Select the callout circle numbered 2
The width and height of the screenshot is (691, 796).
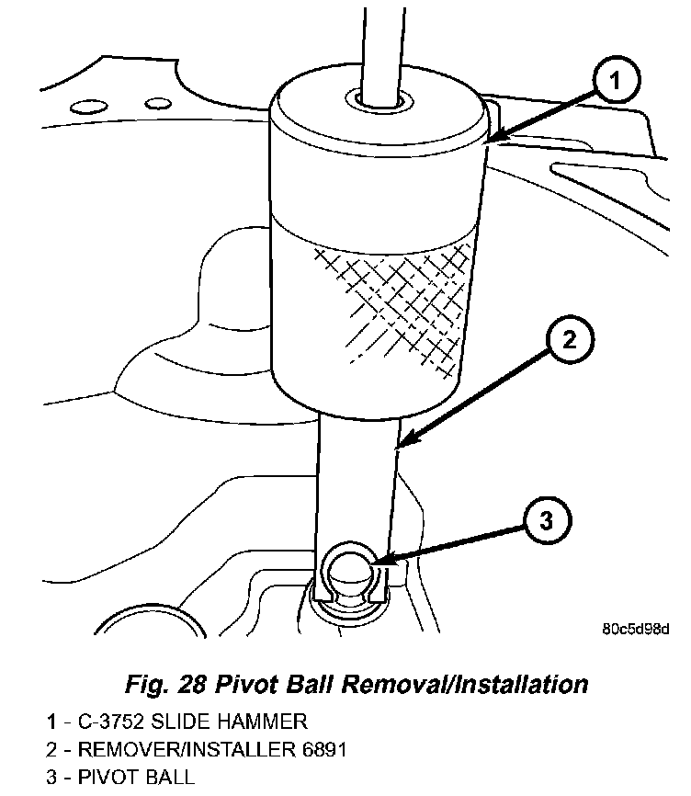coord(570,341)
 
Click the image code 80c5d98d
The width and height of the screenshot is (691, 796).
coord(635,630)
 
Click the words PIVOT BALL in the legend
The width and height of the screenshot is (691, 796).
coord(135,777)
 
